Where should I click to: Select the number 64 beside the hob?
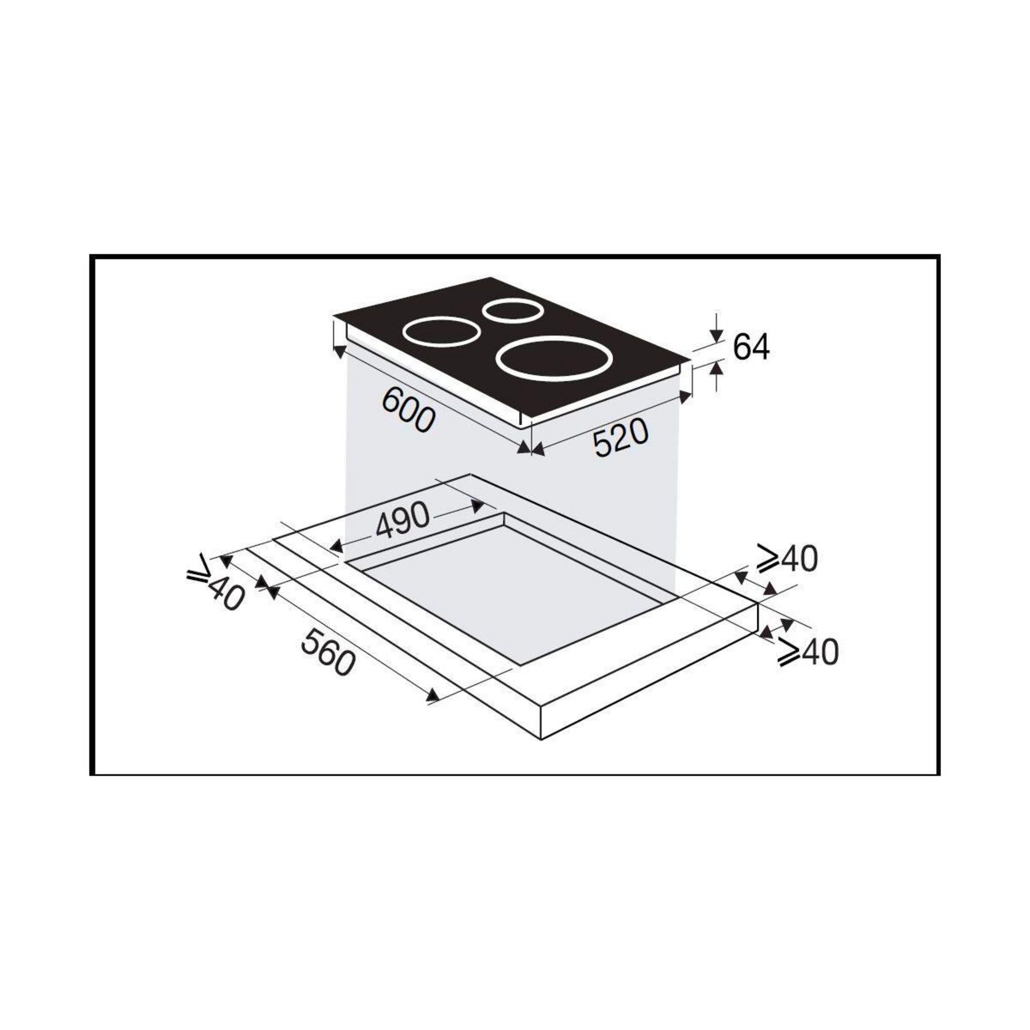click(752, 348)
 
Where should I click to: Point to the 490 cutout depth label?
click(400, 518)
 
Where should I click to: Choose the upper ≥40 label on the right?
click(787, 559)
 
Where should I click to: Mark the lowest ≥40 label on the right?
click(807, 652)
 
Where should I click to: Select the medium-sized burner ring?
click(439, 331)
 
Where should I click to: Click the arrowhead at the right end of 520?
click(684, 397)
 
